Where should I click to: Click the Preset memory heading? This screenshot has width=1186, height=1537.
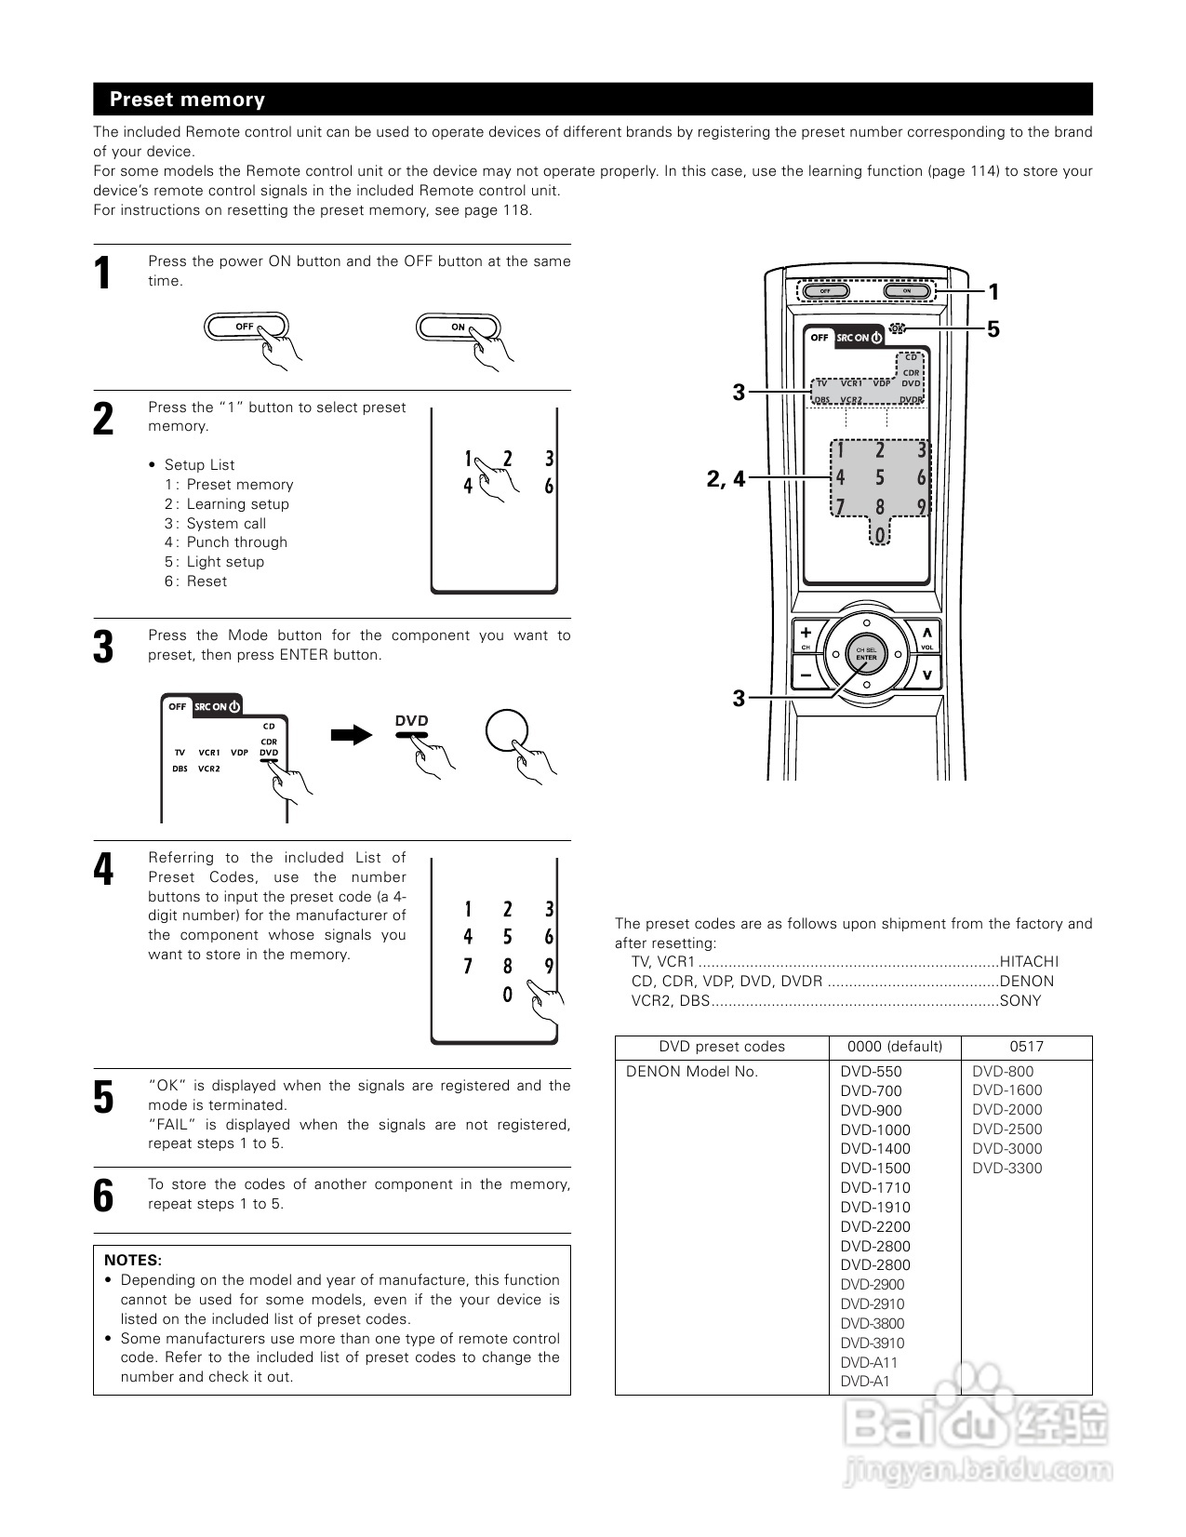(187, 100)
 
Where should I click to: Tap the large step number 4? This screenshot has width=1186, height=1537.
(103, 869)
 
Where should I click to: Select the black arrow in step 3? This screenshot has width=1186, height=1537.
(351, 735)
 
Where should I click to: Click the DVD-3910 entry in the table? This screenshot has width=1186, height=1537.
(872, 1343)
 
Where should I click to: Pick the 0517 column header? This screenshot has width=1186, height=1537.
(1026, 1047)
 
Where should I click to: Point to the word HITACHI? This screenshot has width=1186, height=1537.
(1029, 962)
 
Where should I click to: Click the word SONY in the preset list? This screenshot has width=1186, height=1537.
(1020, 1001)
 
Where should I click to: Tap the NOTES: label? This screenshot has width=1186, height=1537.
(133, 1260)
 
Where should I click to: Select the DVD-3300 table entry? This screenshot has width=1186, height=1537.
(1007, 1169)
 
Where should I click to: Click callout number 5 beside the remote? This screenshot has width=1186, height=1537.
(993, 328)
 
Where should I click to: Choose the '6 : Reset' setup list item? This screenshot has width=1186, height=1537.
(196, 581)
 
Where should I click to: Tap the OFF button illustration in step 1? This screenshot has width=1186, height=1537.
(246, 327)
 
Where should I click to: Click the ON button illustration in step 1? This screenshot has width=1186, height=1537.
(458, 327)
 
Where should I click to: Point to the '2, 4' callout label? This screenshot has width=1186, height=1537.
(726, 479)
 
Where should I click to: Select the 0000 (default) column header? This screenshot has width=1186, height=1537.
(894, 1047)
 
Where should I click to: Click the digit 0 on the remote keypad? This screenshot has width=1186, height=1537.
(880, 535)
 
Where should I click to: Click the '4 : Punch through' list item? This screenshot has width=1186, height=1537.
(226, 542)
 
